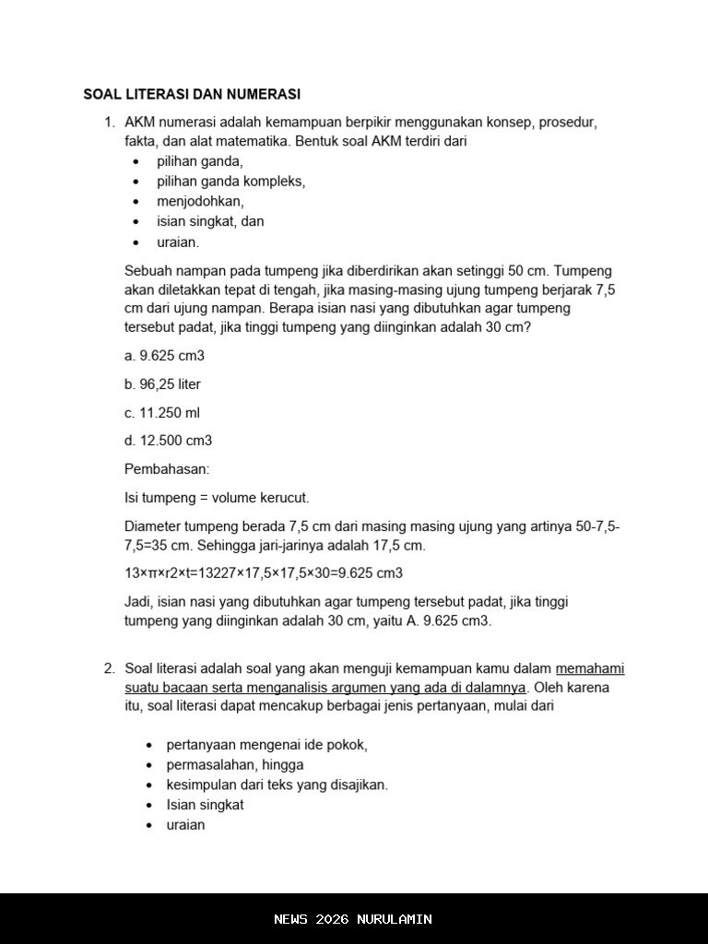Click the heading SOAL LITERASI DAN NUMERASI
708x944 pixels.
coord(192,94)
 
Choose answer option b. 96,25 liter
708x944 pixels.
coord(162,384)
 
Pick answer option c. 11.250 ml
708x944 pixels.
coord(162,413)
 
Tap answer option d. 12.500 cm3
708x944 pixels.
coord(168,441)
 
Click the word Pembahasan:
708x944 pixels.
coord(167,469)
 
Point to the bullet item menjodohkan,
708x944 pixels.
coord(200,201)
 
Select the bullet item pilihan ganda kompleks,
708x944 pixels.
coord(230,182)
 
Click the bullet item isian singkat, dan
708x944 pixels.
coord(210,221)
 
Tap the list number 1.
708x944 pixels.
coord(108,122)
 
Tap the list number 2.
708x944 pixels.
coord(108,668)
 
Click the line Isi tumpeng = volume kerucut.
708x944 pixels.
coord(217,498)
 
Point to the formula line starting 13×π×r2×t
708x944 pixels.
coord(264,573)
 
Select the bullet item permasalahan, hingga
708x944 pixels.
coord(235,765)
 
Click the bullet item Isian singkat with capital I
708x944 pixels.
coord(205,805)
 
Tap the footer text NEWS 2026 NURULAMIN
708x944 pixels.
coord(353,919)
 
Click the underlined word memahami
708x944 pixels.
coord(590,668)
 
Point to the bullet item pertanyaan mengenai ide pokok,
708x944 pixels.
coord(266,745)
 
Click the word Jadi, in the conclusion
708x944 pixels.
coord(139,602)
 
